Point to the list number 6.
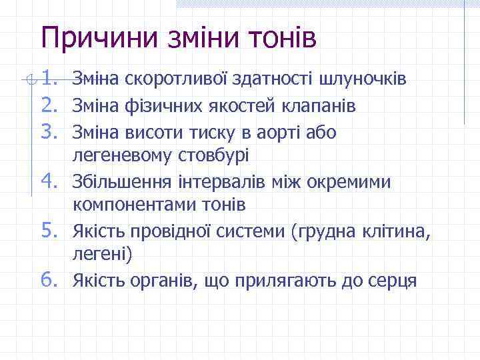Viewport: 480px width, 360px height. coord(49,279)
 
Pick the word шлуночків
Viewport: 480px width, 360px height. coord(363,81)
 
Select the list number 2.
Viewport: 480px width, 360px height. coord(49,105)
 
